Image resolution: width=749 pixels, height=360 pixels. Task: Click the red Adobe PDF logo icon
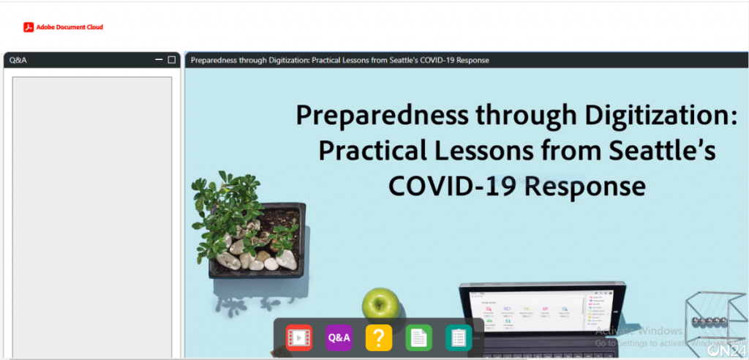pos(29,28)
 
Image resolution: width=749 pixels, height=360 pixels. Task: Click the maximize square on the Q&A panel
pos(172,60)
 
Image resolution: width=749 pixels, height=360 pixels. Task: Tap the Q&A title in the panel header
pos(18,60)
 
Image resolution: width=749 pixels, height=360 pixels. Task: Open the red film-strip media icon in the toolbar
pos(298,337)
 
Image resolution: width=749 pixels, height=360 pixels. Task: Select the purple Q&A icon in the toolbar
pos(339,337)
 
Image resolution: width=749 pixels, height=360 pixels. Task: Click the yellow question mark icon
pos(378,337)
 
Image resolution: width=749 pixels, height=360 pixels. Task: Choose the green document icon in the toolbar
pos(418,337)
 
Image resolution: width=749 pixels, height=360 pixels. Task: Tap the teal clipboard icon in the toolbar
pos(459,337)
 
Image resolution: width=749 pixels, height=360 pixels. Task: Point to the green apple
pos(381,303)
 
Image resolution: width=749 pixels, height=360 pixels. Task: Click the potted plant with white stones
pos(252,234)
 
